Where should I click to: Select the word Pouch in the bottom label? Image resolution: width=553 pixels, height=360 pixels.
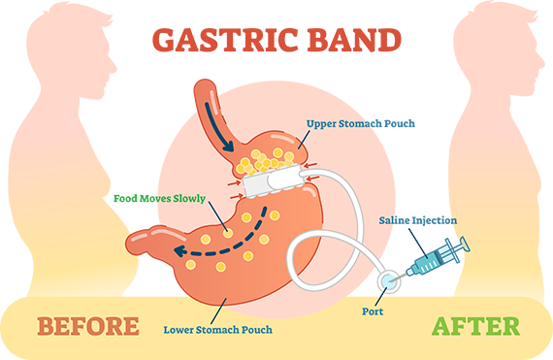[x=255, y=330]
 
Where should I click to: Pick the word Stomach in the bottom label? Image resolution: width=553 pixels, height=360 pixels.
[x=220, y=330]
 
